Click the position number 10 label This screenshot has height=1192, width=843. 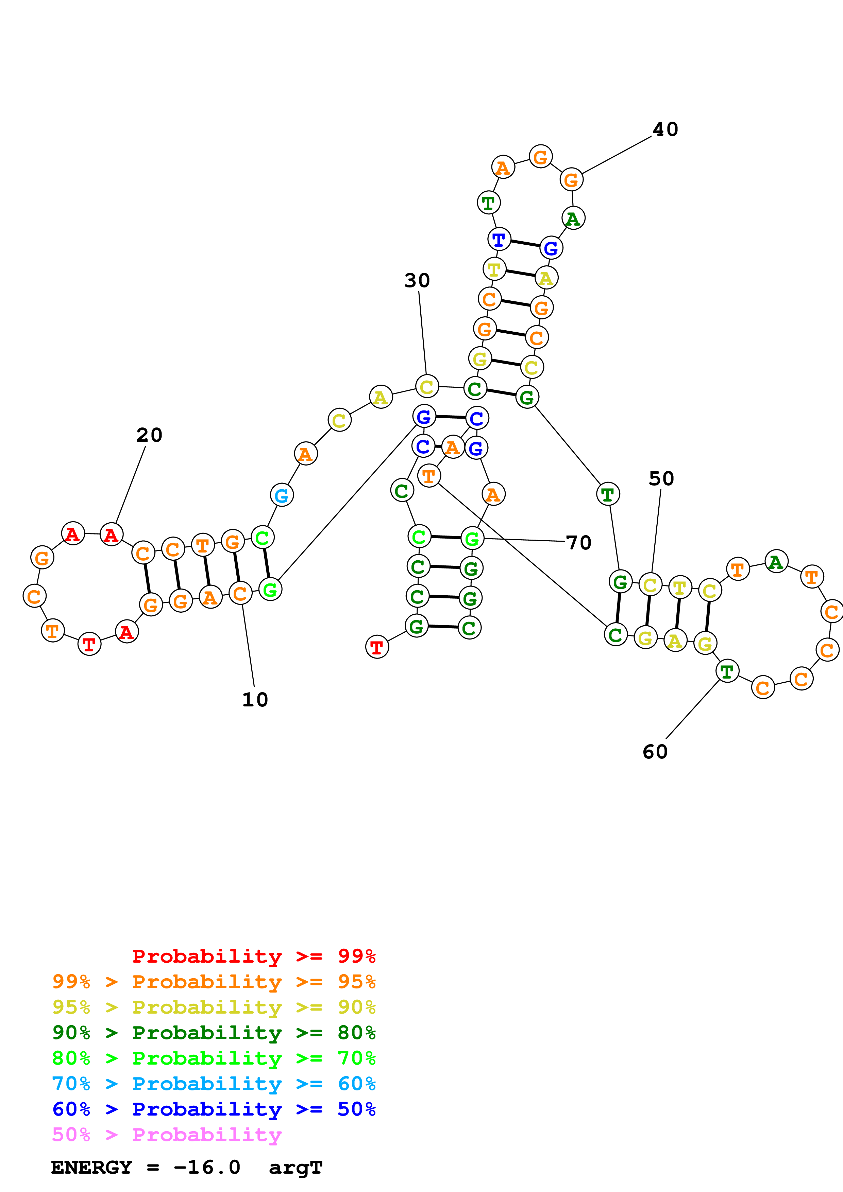point(255,700)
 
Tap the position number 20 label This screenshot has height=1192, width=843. point(149,435)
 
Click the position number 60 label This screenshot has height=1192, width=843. point(655,752)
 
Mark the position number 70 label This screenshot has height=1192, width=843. point(579,543)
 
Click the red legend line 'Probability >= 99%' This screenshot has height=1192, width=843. point(253,956)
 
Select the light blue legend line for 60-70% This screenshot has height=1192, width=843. point(214,1084)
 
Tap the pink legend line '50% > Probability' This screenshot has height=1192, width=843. point(167,1135)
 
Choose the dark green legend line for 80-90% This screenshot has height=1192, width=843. point(214,1033)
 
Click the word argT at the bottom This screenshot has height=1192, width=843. point(296,1168)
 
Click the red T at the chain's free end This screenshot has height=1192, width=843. point(377,647)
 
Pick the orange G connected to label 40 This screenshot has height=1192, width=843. point(571,180)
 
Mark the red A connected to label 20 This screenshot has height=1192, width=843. point(111,534)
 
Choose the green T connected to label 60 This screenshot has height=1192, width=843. point(727,671)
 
